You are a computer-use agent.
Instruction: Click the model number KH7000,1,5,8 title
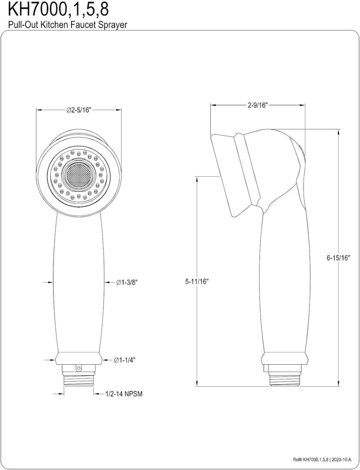58,9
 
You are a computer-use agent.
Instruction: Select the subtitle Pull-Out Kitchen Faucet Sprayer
68,25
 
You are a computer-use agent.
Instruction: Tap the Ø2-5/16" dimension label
79,110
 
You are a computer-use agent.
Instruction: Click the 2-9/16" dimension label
257,105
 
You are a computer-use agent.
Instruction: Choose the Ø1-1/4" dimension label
125,360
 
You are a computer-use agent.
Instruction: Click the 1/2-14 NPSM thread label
124,394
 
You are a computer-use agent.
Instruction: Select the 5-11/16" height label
197,281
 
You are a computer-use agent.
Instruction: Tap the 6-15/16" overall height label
339,257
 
